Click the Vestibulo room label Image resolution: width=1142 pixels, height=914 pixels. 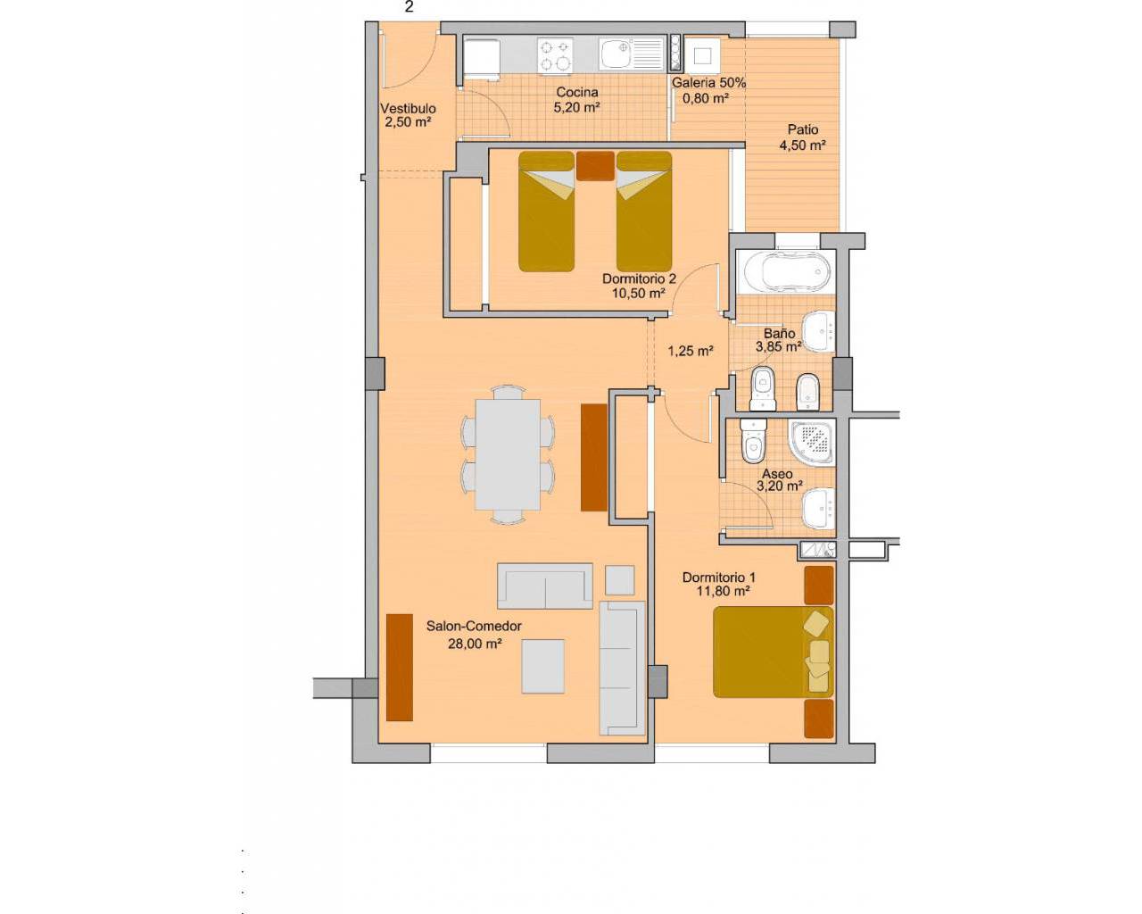pyautogui.click(x=408, y=108)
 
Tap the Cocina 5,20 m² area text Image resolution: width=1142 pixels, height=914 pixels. pyautogui.click(x=577, y=108)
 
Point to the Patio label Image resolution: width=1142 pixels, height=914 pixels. pyautogui.click(x=802, y=129)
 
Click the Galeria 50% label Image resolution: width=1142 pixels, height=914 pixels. pyautogui.click(x=709, y=83)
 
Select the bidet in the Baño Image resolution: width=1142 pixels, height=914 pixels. pyautogui.click(x=807, y=392)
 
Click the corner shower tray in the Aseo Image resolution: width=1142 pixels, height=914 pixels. pyautogui.click(x=812, y=443)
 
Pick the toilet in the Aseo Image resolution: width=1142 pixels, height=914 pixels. pyautogui.click(x=753, y=441)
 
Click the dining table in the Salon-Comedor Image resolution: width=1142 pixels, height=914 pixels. pyautogui.click(x=508, y=454)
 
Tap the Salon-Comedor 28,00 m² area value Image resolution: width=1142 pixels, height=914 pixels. pyautogui.click(x=475, y=644)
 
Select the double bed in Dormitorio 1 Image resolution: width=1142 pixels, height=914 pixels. pyautogui.click(x=774, y=652)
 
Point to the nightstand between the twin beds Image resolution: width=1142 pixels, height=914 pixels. pyautogui.click(x=595, y=166)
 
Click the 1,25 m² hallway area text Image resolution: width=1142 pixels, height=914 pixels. pyautogui.click(x=690, y=351)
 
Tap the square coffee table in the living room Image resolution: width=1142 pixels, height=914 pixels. pyautogui.click(x=542, y=666)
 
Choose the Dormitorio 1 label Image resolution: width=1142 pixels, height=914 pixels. pyautogui.click(x=718, y=577)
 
